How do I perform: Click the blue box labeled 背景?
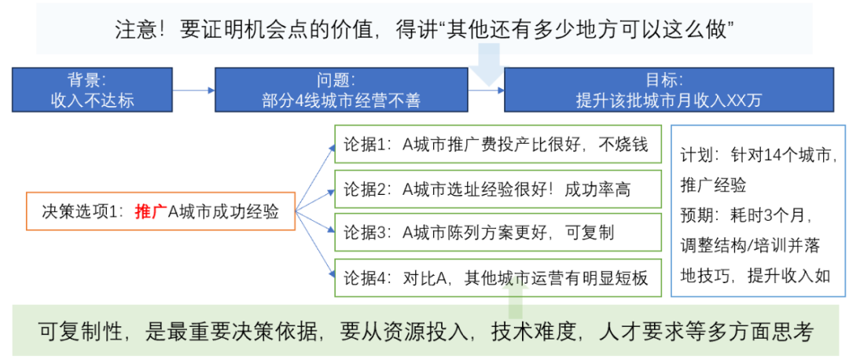[92, 90]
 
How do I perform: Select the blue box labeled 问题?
[341, 90]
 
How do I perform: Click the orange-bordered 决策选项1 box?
[160, 211]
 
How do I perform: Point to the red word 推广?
[150, 211]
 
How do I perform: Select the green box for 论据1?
[498, 145]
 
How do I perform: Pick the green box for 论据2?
[498, 189]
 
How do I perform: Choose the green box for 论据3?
[498, 232]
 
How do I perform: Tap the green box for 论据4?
[498, 277]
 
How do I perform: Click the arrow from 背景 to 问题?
[194, 90]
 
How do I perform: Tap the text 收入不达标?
[92, 101]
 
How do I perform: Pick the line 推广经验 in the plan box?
[714, 186]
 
